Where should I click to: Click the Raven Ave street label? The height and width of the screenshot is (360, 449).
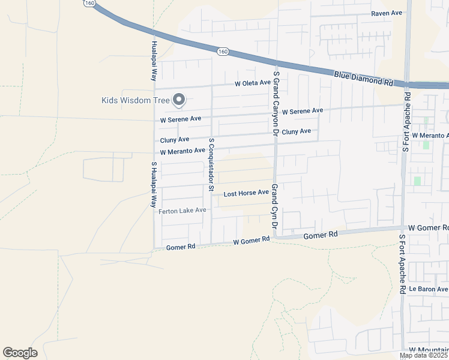tap(387, 13)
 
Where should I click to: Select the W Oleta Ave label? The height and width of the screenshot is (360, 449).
tap(252, 83)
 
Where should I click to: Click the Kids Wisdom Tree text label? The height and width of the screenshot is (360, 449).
tap(135, 100)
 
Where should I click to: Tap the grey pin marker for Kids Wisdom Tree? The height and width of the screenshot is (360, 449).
tap(179, 100)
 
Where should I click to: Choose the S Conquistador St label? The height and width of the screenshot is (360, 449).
tap(211, 164)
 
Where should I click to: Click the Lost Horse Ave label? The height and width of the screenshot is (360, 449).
tap(246, 193)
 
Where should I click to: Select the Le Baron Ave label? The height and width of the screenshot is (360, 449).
tap(428, 289)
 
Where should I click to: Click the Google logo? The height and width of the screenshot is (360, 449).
tap(20, 353)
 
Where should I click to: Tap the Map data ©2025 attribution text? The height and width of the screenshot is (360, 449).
tap(423, 356)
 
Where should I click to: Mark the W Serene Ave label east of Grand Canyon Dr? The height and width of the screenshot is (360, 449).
tap(303, 111)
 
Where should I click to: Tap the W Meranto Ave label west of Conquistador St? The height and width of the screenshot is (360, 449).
tap(182, 151)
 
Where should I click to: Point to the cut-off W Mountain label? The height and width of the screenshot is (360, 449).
tap(429, 349)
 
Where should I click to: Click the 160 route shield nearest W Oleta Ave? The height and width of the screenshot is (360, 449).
tap(223, 52)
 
